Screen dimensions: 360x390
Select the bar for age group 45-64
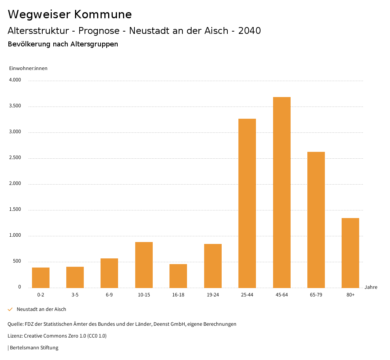(281, 192)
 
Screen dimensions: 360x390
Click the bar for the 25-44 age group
(247, 203)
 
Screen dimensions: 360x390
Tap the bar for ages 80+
(350, 253)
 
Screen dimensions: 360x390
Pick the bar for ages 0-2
(41, 277)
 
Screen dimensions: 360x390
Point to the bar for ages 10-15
(144, 265)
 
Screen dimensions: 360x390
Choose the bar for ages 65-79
(316, 220)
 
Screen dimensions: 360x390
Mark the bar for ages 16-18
(178, 276)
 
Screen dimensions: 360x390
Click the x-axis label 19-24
(213, 295)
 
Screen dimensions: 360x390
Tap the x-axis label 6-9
(109, 295)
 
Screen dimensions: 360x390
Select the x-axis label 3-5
(75, 295)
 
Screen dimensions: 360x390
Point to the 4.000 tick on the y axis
(15, 80)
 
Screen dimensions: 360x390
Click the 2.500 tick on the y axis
(15, 158)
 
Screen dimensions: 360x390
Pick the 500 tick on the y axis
(17, 261)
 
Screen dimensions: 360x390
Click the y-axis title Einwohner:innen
(28, 68)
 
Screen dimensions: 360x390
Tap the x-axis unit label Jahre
(371, 287)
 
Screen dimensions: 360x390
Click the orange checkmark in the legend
(10, 309)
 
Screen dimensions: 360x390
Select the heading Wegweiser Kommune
(70, 14)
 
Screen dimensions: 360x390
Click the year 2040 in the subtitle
(249, 31)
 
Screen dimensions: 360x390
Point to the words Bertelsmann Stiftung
(34, 347)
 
